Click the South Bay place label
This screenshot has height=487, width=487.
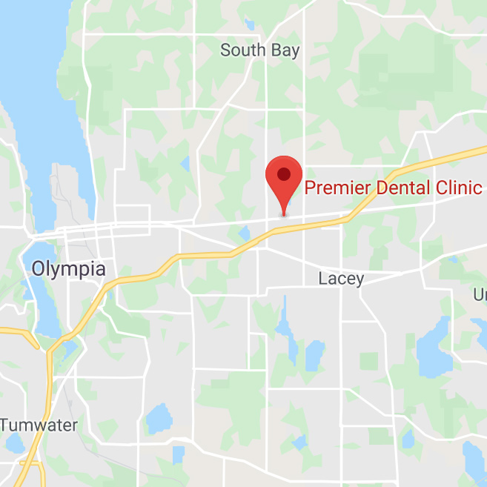pyautogui.click(x=260, y=50)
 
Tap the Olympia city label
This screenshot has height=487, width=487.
pyautogui.click(x=68, y=268)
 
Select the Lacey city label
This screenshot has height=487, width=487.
pyautogui.click(x=341, y=279)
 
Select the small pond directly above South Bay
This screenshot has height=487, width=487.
pyautogui.click(x=250, y=24)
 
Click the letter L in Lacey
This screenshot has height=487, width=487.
pyautogui.click(x=322, y=279)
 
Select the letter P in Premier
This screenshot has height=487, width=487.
pyautogui.click(x=311, y=188)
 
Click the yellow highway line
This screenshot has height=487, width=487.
pyautogui.click(x=200, y=256)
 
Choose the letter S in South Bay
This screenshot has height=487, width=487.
pyautogui.click(x=225, y=50)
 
